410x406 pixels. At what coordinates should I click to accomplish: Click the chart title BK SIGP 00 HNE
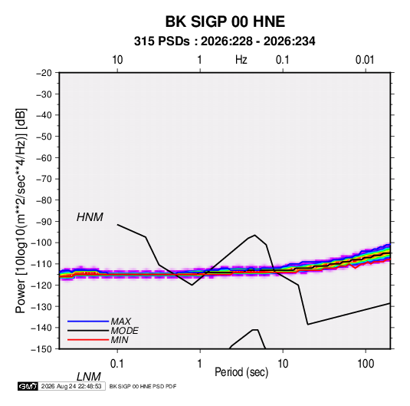click(225, 21)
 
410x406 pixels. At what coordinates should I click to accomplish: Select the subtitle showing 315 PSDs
click(225, 41)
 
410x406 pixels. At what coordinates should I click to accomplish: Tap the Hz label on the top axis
click(241, 60)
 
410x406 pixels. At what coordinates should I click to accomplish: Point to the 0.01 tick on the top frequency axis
click(365, 60)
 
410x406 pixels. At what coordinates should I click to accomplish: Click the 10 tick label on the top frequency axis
click(117, 60)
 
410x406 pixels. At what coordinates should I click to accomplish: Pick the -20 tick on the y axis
click(44, 73)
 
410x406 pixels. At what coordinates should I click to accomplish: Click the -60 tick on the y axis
click(44, 157)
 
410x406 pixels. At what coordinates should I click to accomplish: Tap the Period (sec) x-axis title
click(241, 372)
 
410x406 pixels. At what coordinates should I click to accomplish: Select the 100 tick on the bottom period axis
click(366, 364)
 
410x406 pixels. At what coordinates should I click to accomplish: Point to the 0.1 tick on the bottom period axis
click(116, 364)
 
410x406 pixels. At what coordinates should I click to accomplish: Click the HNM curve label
click(90, 217)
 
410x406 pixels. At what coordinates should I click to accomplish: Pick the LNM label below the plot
click(88, 377)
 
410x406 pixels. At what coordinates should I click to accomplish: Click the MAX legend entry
click(121, 322)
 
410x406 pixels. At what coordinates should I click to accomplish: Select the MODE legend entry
click(124, 331)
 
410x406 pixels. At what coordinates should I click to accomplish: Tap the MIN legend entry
click(120, 340)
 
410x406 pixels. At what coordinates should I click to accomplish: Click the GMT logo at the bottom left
click(28, 386)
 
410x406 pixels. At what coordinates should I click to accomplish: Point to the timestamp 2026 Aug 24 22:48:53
click(71, 386)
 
